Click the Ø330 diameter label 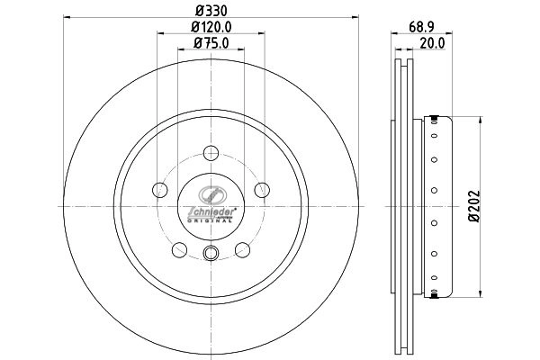(x=211, y=13)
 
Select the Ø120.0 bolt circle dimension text (x=211, y=29)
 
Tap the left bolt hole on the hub (x=160, y=189)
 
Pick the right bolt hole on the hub (x=262, y=189)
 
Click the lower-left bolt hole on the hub (x=180, y=249)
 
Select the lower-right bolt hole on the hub (x=242, y=249)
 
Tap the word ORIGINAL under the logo (x=211, y=219)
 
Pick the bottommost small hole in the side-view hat (x=435, y=278)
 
